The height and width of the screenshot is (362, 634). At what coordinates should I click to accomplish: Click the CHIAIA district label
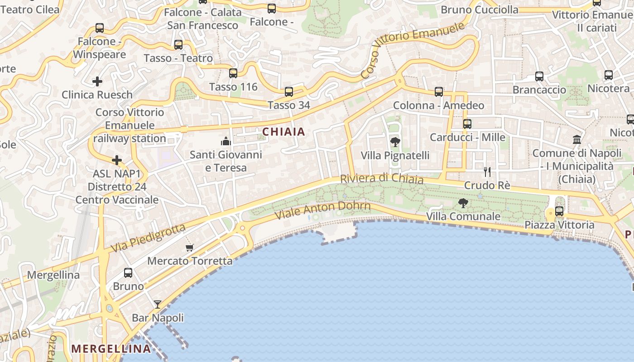[x=284, y=132]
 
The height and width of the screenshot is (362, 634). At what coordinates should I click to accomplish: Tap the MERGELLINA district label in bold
[x=111, y=348]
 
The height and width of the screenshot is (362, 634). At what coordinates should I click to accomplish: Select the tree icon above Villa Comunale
[x=463, y=203]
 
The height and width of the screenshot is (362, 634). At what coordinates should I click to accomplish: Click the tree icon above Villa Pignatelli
[x=395, y=142]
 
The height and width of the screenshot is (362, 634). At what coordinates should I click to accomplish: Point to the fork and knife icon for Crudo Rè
[x=487, y=171]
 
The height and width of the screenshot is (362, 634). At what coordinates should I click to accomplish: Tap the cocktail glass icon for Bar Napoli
[x=157, y=304]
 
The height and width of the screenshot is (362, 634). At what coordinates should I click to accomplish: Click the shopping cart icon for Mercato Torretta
[x=190, y=248]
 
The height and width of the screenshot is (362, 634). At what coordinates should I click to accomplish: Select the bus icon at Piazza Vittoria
[x=559, y=211]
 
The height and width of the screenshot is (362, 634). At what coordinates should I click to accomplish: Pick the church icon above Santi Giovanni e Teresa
[x=226, y=141]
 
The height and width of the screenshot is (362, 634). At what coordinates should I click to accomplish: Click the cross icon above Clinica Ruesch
[x=97, y=81]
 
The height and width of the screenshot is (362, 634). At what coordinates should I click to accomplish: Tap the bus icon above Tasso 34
[x=289, y=92]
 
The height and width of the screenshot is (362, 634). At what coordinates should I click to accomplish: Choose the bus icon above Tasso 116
[x=233, y=73]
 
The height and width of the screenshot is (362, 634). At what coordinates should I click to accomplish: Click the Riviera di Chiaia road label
[x=382, y=179]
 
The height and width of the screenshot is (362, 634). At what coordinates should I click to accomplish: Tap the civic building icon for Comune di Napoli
[x=577, y=139]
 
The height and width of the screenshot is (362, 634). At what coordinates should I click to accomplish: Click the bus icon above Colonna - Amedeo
[x=438, y=92]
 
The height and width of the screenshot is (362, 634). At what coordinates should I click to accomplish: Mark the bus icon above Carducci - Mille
[x=467, y=124]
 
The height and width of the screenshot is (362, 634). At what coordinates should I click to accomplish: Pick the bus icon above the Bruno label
[x=128, y=273]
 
